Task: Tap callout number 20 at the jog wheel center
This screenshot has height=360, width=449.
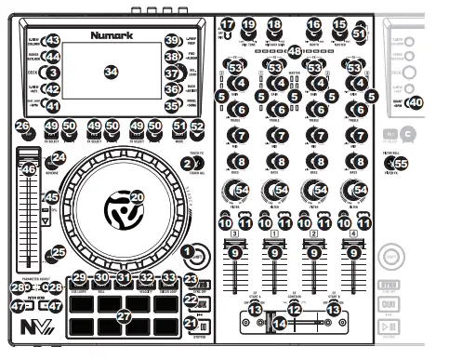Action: (137, 197)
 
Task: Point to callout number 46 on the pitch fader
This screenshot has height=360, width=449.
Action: (29, 169)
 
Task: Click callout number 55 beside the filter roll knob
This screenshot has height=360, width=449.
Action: (401, 164)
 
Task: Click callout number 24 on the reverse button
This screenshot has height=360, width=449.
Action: (59, 158)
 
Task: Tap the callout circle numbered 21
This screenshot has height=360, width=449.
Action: (190, 324)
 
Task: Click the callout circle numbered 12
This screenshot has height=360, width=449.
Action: (294, 308)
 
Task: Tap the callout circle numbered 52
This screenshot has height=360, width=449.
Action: (197, 126)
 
